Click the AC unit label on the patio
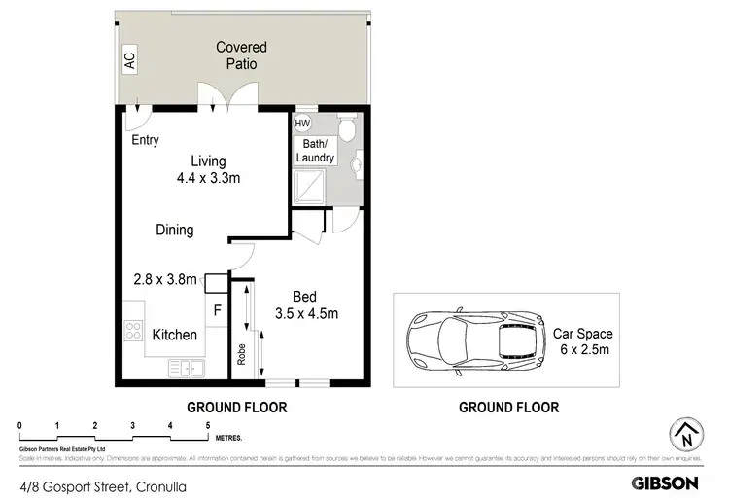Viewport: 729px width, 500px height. (129, 61)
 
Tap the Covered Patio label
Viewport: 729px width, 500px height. (241, 55)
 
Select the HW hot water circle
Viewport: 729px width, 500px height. (302, 124)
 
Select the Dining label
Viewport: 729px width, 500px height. (175, 231)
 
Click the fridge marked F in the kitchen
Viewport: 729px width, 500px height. (217, 310)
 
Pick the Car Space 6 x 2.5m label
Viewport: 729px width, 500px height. (582, 341)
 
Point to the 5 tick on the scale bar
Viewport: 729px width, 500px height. (207, 425)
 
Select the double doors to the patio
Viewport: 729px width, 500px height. (223, 97)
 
